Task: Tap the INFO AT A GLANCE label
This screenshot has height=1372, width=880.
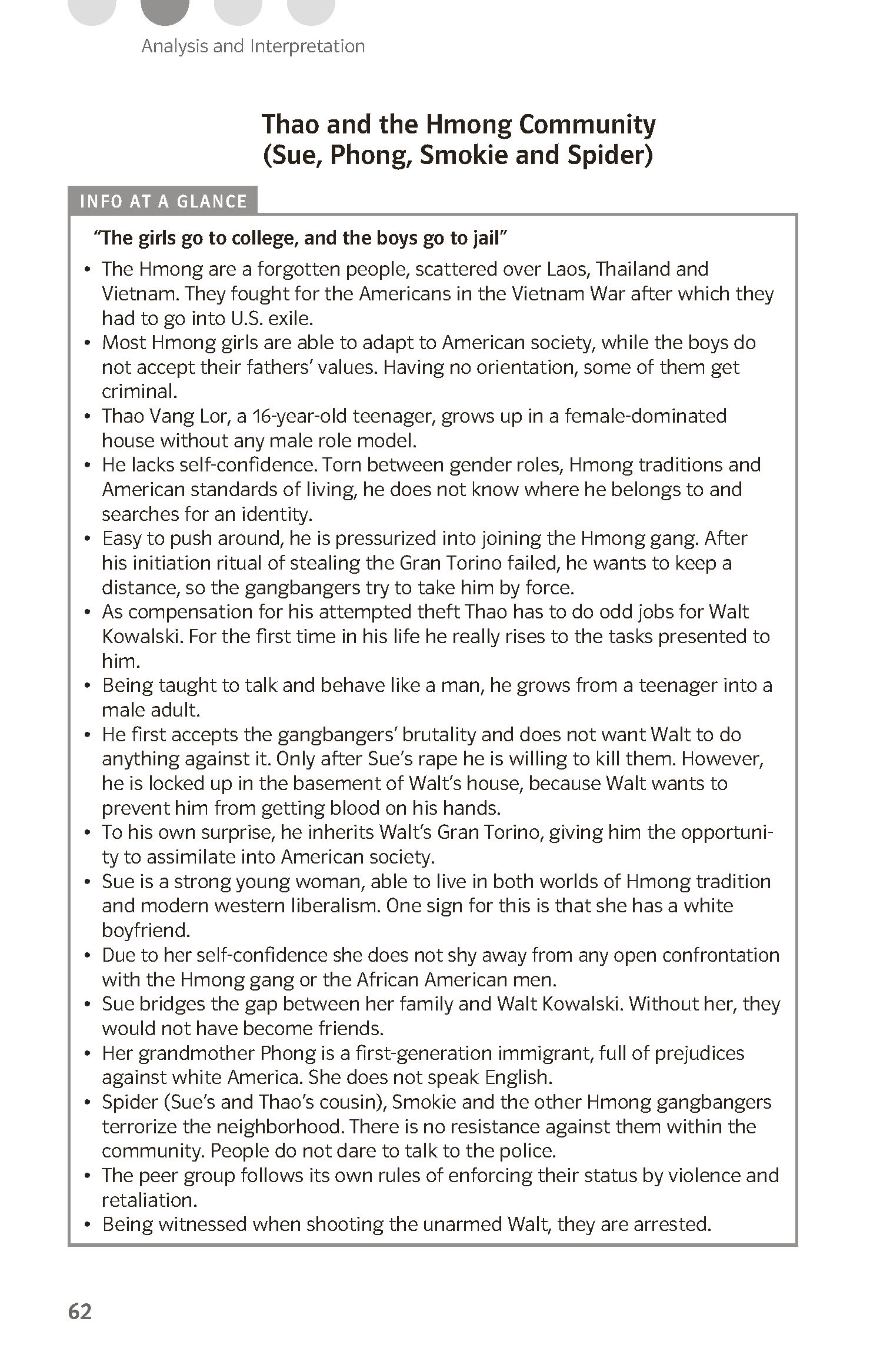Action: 163,202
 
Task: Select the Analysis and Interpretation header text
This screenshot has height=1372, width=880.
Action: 253,46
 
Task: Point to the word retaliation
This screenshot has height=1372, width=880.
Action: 150,1200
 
